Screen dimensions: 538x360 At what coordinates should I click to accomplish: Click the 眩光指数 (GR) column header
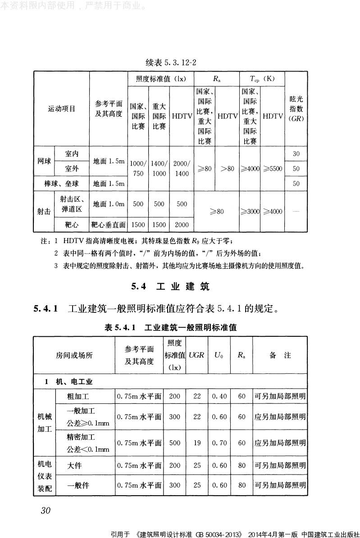click(296, 109)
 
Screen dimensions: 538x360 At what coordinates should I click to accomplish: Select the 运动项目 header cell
click(62, 109)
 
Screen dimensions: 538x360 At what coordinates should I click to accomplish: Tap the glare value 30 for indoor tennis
click(296, 154)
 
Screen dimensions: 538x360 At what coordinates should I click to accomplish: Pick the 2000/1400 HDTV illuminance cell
click(182, 168)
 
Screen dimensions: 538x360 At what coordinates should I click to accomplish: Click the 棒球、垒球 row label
click(62, 184)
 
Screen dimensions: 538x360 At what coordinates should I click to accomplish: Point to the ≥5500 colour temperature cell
click(273, 169)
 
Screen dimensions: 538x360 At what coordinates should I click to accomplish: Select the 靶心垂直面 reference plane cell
click(109, 224)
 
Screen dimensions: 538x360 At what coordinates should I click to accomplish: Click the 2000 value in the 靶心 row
click(182, 224)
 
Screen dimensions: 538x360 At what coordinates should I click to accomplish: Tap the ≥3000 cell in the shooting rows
click(250, 211)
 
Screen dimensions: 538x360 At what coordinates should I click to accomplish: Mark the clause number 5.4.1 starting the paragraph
click(46, 309)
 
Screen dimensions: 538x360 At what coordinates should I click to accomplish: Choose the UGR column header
click(196, 355)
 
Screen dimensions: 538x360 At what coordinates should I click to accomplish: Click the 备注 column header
click(280, 355)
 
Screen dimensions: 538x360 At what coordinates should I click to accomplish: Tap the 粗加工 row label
click(78, 397)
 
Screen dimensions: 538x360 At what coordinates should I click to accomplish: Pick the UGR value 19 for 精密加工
click(197, 443)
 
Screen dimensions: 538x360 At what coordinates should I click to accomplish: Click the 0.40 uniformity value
click(219, 397)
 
